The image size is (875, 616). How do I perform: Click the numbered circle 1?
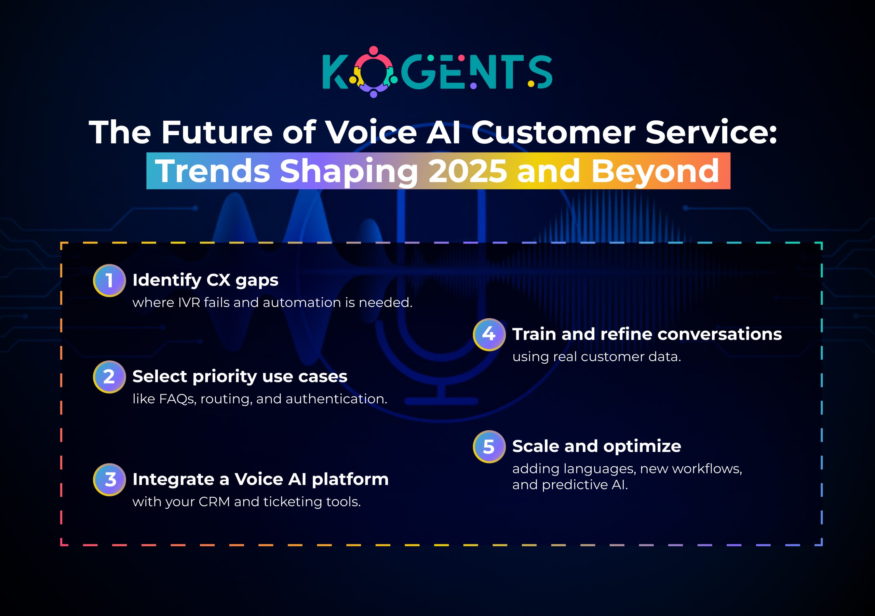(x=109, y=280)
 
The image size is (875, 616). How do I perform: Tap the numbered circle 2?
(x=109, y=377)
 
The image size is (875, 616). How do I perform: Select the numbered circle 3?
(x=109, y=479)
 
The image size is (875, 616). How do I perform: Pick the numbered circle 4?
(x=489, y=334)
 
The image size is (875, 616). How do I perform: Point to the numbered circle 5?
(x=489, y=446)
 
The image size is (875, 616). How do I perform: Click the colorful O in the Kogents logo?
(x=374, y=72)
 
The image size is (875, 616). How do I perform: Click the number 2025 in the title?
(x=468, y=171)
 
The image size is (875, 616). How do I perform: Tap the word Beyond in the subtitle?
(x=655, y=171)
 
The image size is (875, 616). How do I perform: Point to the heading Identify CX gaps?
(x=205, y=280)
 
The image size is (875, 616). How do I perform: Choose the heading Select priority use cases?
(x=240, y=377)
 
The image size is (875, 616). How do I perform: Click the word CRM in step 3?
(x=214, y=501)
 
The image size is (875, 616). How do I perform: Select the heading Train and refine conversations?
(x=647, y=334)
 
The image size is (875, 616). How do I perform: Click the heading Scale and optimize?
(x=596, y=446)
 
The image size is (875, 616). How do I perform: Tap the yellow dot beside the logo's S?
(x=531, y=83)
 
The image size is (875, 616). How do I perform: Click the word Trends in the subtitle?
(x=213, y=171)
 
